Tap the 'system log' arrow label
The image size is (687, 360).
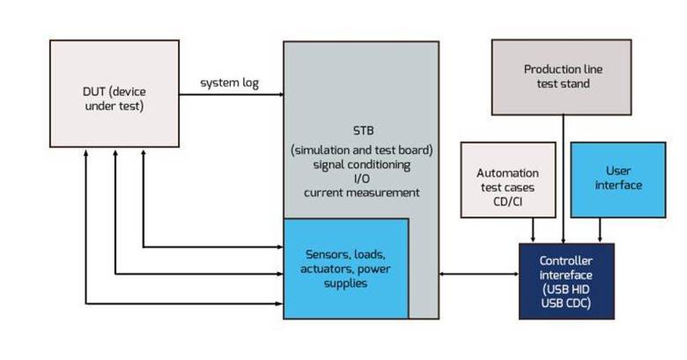point(228,83)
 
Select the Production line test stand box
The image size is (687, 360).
point(562,77)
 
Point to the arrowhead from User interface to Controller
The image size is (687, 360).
point(601,237)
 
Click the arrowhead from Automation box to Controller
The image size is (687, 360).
point(533,237)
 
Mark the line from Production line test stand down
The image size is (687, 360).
point(562,176)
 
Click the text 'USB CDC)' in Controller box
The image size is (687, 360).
point(566,304)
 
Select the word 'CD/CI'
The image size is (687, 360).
point(507,202)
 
